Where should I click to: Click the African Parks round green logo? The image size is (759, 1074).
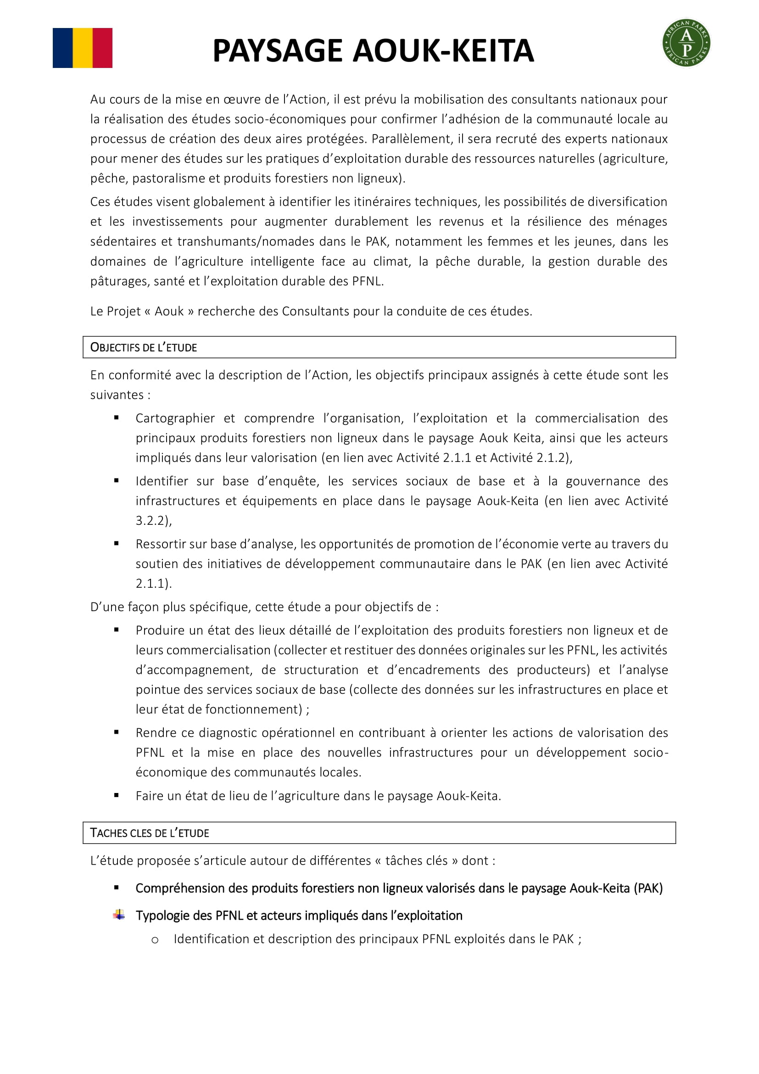[686, 43]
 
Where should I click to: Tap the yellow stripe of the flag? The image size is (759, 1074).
[83, 48]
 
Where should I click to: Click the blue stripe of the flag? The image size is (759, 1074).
[62, 48]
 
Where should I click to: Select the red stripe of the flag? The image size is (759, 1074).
[102, 48]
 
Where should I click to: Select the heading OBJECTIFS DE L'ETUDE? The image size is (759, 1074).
[144, 348]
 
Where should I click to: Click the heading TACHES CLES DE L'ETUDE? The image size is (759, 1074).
[150, 833]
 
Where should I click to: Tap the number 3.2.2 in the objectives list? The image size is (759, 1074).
[152, 521]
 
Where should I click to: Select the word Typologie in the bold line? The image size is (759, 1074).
[161, 916]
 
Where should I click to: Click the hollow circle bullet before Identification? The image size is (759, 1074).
[155, 940]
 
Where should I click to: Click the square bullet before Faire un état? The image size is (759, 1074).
[117, 795]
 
